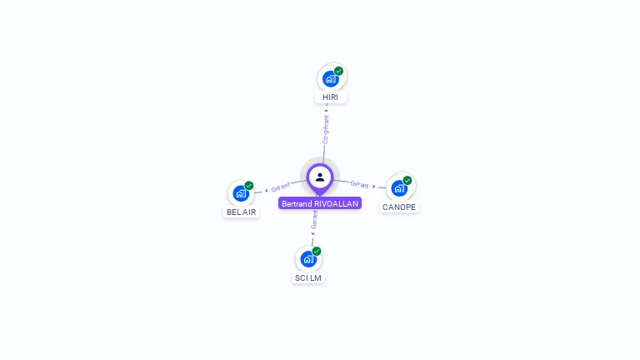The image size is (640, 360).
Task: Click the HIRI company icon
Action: pos(331,79)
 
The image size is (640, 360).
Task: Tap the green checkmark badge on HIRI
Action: pos(339,71)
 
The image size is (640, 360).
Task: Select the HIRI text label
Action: pos(331,97)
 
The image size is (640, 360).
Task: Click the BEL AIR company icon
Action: pos(241,193)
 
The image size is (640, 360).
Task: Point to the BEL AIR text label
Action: pos(242,212)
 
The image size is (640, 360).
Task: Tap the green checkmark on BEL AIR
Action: pos(249,186)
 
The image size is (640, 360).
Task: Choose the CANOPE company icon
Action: pos(399,188)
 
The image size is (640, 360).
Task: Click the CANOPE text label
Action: pos(399,207)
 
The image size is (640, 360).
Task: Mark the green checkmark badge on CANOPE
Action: pos(407,180)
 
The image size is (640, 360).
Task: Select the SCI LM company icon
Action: pos(308,259)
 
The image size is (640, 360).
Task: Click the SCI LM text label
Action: pos(308,277)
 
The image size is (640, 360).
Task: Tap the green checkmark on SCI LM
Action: pos(317,251)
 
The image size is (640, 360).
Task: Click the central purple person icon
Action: pos(320,177)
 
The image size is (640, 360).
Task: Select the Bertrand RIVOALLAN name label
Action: pos(320,203)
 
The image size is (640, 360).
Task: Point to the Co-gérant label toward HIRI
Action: pos(326,129)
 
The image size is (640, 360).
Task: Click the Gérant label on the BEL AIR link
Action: pos(281,187)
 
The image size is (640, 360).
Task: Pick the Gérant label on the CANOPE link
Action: pos(359,184)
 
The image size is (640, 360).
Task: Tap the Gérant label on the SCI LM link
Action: pos(314,220)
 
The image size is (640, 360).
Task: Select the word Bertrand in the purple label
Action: pos(297,203)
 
